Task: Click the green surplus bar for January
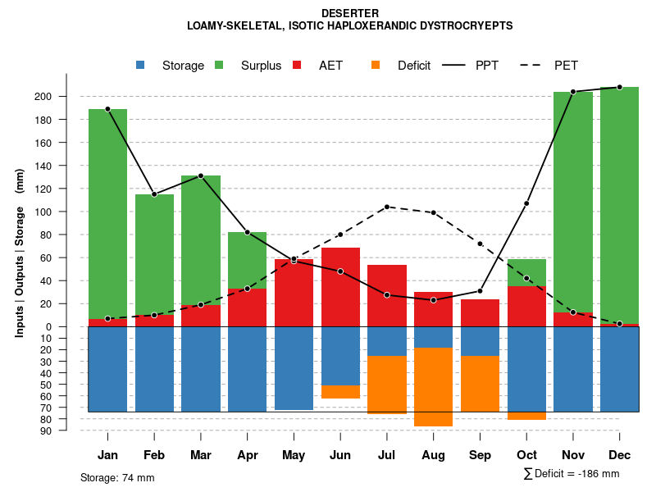[x=107, y=213]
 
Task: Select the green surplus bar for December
[x=619, y=205]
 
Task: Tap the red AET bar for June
[x=340, y=287]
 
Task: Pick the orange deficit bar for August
[x=433, y=386]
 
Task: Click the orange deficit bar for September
[x=480, y=383]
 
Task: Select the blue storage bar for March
[x=201, y=369]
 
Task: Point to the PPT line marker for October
[x=526, y=203]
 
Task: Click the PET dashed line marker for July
[x=386, y=207]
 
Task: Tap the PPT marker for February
[x=154, y=194]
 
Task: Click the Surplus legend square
[x=219, y=66]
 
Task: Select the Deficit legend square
[x=376, y=66]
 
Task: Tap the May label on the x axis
[x=294, y=455]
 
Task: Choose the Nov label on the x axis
[x=572, y=455]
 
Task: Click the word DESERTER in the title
[x=350, y=13]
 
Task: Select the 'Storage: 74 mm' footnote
[x=117, y=477]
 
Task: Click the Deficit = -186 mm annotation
[x=572, y=473]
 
